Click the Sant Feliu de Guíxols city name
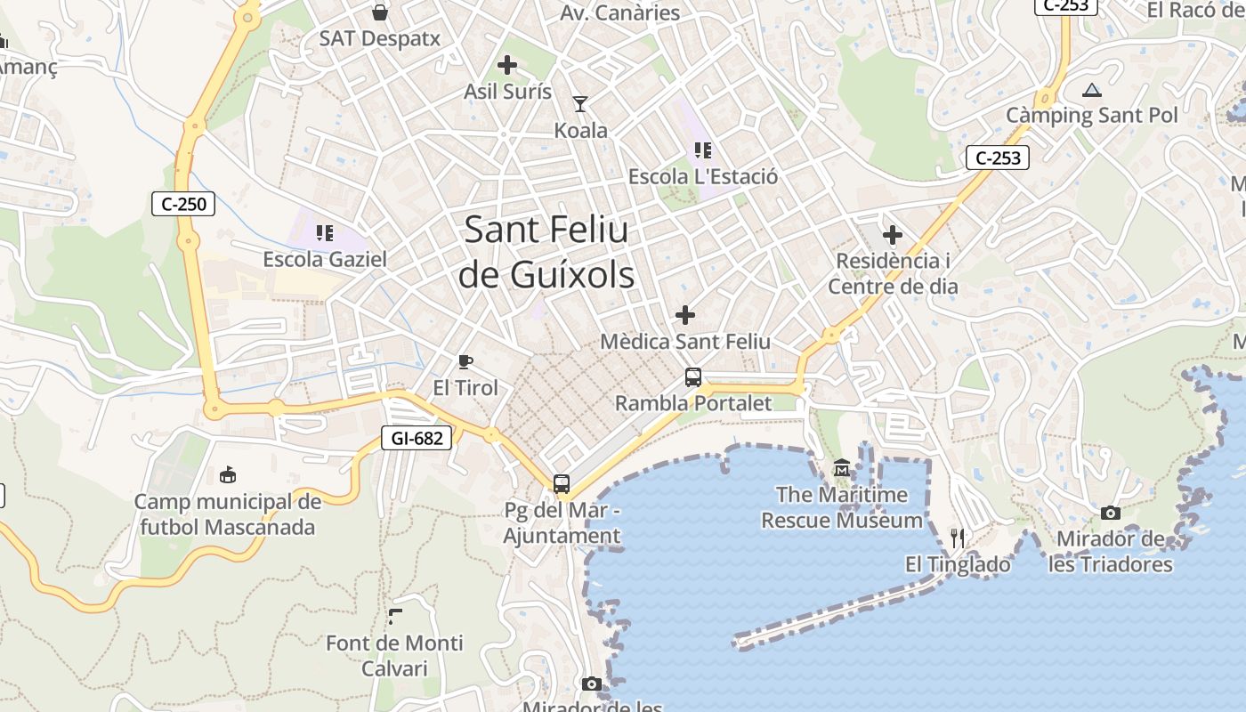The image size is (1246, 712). (546, 252)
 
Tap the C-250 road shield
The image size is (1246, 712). (183, 204)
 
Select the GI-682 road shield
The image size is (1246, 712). (417, 437)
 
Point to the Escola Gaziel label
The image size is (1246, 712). (325, 259)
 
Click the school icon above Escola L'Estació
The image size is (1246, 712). (703, 150)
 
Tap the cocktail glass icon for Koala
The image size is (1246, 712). (580, 104)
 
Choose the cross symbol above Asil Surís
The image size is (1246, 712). (507, 65)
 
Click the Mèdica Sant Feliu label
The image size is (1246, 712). (685, 341)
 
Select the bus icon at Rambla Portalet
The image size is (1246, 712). (693, 377)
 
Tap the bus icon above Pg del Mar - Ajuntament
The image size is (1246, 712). (562, 484)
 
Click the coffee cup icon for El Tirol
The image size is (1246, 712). (465, 361)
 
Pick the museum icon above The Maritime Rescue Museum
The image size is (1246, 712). (842, 468)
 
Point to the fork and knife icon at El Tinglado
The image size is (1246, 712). (958, 538)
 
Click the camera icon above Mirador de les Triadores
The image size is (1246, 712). (1111, 513)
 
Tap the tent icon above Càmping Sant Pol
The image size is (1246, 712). (1092, 90)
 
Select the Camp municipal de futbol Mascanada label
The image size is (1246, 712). (228, 514)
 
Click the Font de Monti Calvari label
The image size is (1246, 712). (394, 655)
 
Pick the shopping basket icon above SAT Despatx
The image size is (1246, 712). (380, 12)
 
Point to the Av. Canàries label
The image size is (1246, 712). (620, 12)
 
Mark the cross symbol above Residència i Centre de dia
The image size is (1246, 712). (893, 235)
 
